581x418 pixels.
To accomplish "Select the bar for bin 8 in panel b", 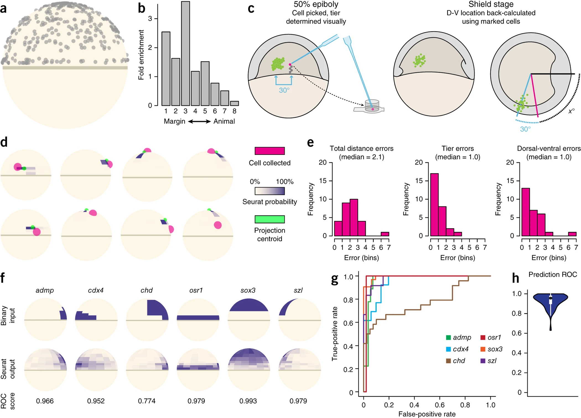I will click(x=234, y=103).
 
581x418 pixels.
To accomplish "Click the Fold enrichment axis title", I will click(x=141, y=55).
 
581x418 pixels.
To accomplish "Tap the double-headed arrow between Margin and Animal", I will click(x=199, y=121).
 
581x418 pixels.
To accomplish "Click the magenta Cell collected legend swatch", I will click(x=269, y=151).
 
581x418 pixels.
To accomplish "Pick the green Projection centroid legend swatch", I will click(x=269, y=219).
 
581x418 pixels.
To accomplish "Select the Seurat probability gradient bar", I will click(x=269, y=191).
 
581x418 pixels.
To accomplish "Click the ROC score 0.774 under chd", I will click(x=147, y=401).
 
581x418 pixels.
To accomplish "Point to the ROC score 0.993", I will click(x=248, y=401).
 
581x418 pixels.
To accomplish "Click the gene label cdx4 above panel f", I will click(x=96, y=290).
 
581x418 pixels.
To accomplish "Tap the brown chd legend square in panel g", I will click(x=448, y=361).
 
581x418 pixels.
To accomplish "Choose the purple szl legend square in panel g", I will click(x=483, y=361).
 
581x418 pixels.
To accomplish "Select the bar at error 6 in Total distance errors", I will click(x=385, y=234).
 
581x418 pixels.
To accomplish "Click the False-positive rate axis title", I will click(x=427, y=414).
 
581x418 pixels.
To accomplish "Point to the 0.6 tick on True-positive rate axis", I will click(x=349, y=323).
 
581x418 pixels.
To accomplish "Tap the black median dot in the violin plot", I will click(x=551, y=298).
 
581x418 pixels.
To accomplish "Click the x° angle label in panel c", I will click(x=571, y=111).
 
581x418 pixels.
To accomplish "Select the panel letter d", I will click(x=4, y=142).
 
